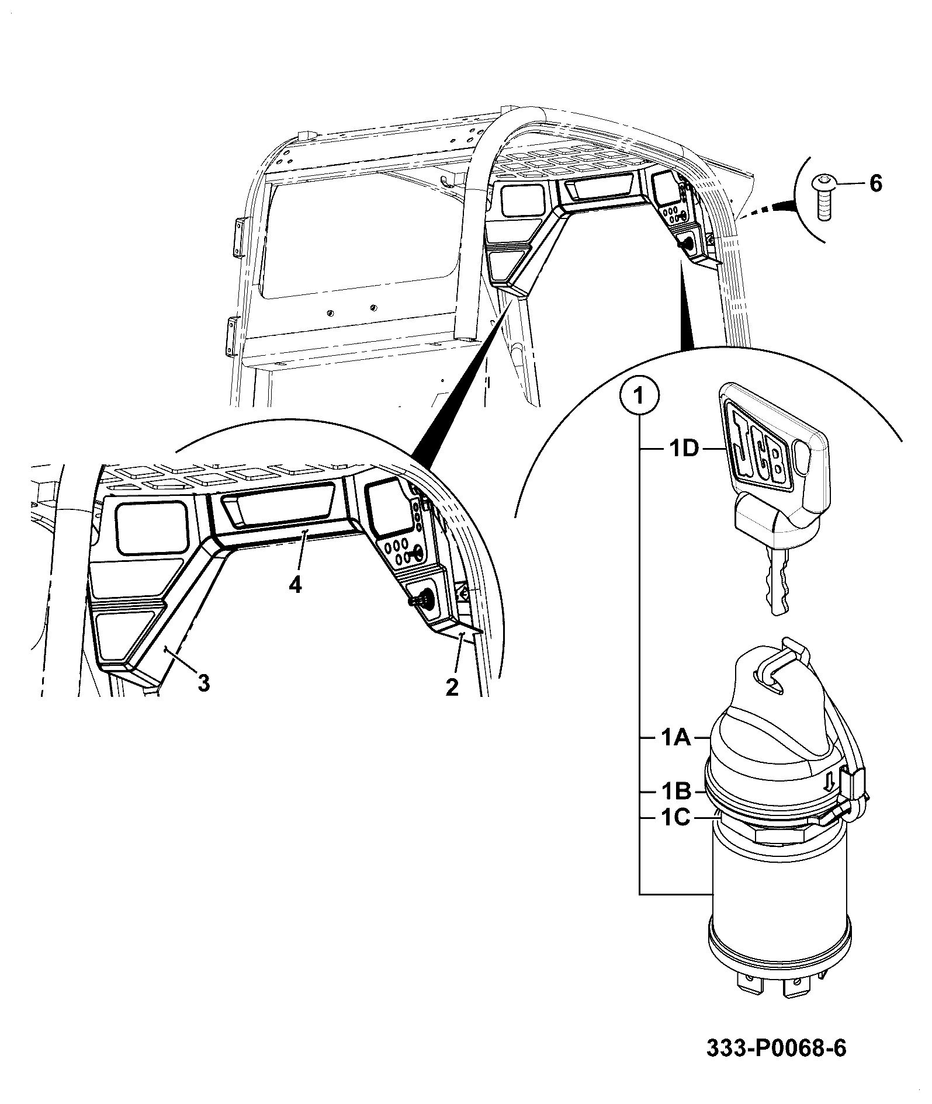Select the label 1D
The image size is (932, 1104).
coord(682,450)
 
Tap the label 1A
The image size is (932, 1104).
coord(676,738)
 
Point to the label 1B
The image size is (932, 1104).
coord(676,791)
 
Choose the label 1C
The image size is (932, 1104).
coord(676,818)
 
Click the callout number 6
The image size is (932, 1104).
coord(875,183)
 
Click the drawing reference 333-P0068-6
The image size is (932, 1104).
coord(776,1049)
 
